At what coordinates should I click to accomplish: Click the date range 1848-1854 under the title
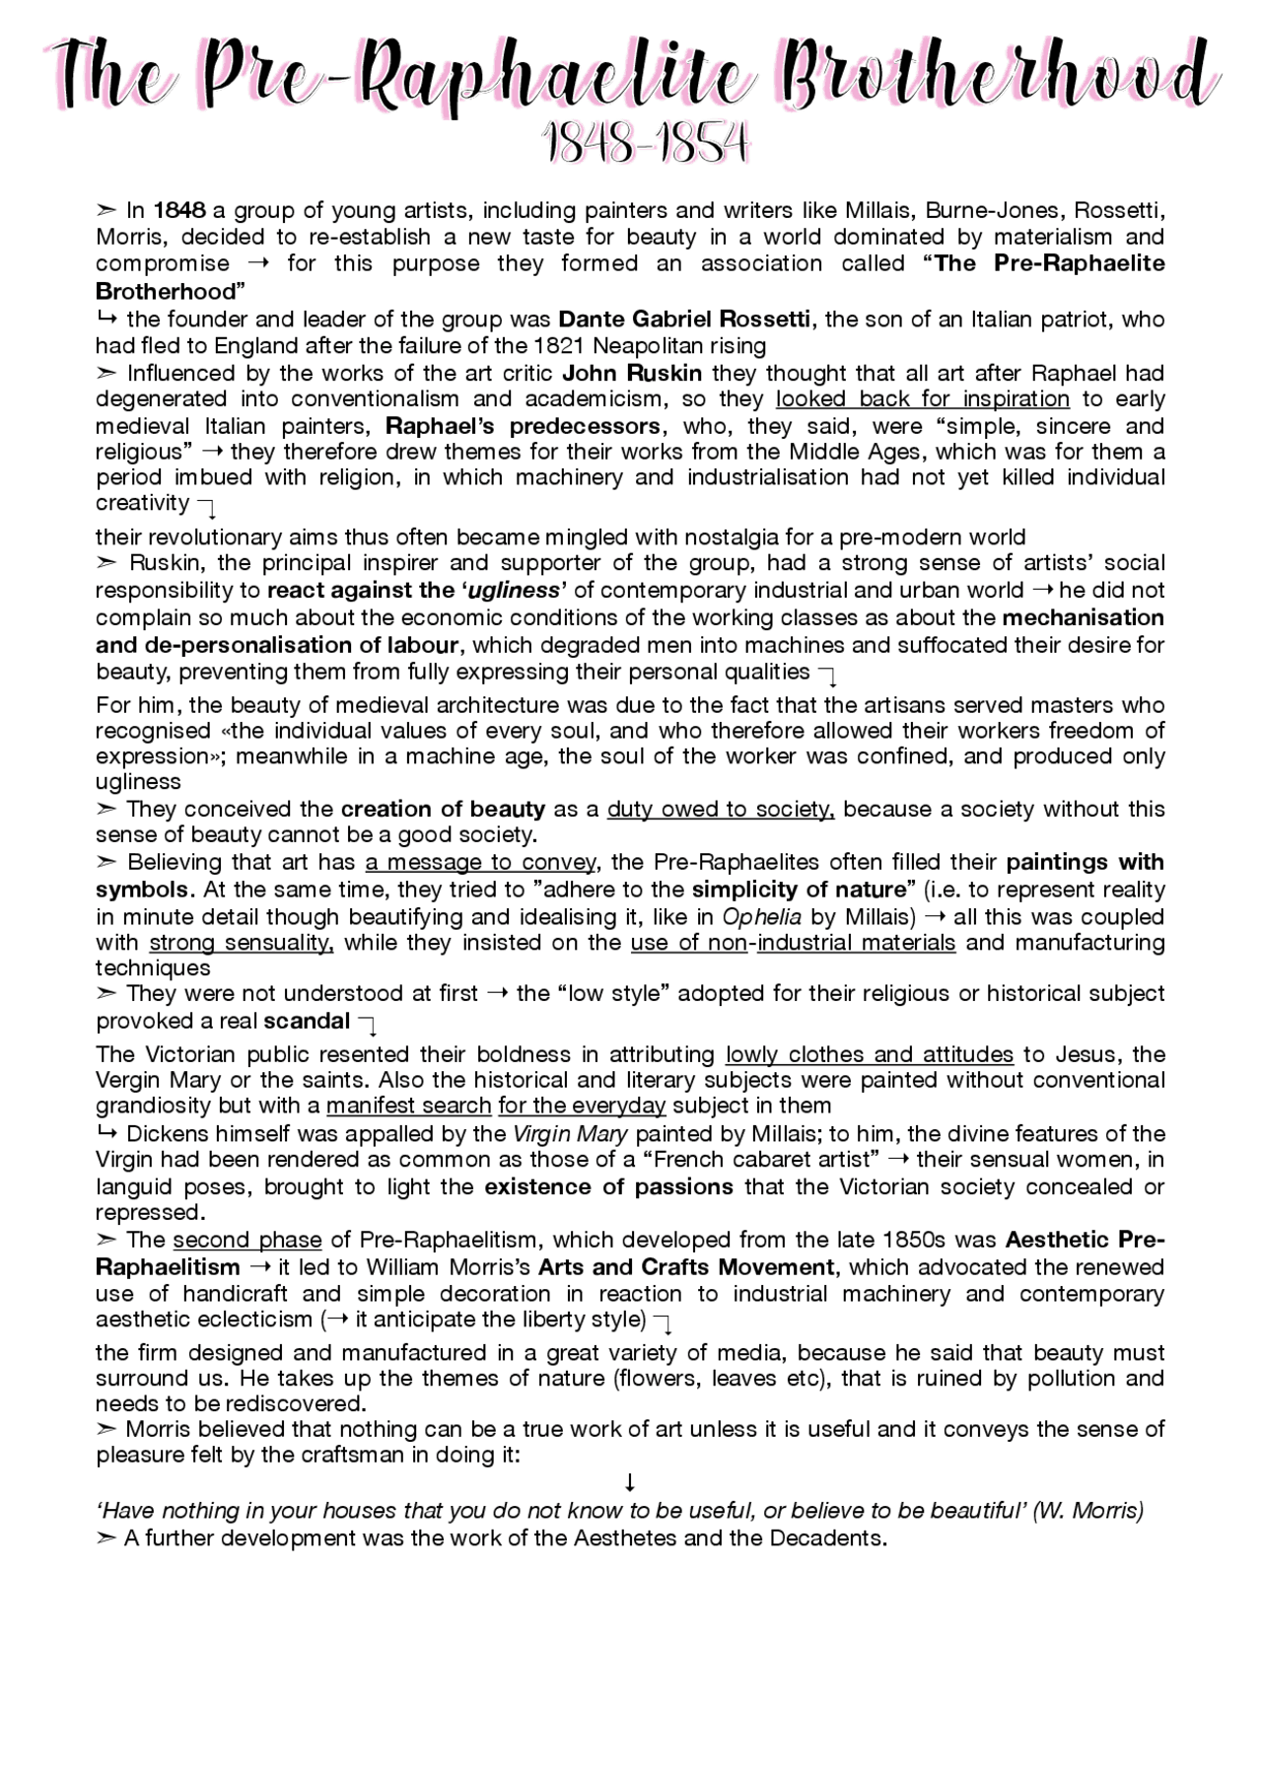646,146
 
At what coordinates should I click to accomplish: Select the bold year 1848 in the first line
179,210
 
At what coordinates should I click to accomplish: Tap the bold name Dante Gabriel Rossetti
685,320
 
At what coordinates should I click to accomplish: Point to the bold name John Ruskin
632,373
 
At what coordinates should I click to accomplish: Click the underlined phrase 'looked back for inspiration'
922,399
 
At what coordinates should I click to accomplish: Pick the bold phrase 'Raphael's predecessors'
523,426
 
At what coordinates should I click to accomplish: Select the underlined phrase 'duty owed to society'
721,810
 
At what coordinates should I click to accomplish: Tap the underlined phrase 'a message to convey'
480,863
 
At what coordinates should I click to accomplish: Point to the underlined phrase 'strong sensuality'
242,943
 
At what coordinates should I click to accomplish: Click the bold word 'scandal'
307,1021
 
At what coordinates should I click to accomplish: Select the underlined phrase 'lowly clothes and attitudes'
869,1054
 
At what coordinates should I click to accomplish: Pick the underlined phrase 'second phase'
247,1240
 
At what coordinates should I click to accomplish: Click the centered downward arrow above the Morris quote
630,1483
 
